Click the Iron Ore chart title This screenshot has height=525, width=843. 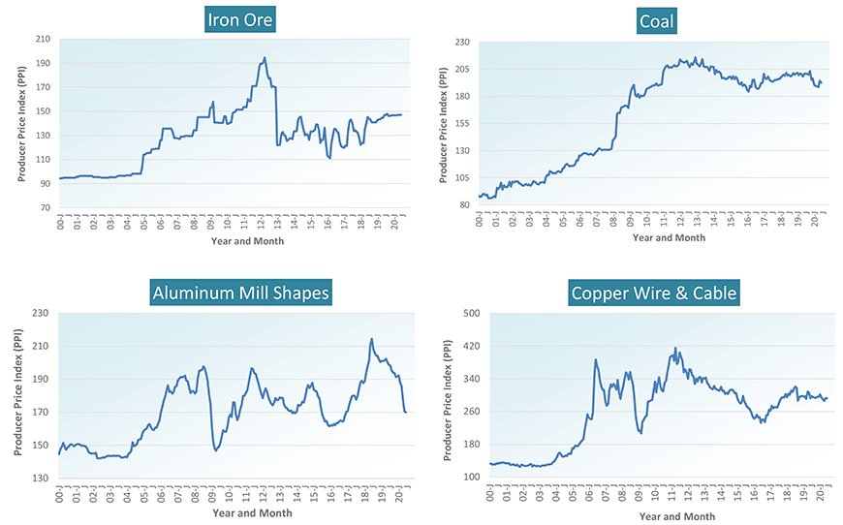241,20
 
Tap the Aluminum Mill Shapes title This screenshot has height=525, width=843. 240,293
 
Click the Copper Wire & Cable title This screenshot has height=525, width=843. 654,293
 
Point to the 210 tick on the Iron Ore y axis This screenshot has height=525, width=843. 44,40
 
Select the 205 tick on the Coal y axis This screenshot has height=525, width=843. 461,70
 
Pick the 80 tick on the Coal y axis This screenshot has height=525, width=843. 464,204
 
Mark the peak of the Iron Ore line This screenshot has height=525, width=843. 265,57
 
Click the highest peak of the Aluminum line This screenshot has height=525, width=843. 371,339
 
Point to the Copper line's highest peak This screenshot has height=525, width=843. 674,348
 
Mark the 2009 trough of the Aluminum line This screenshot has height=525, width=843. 216,450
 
